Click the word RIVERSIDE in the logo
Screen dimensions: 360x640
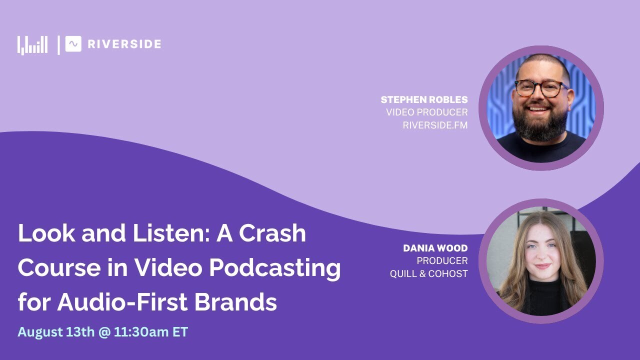pos(124,44)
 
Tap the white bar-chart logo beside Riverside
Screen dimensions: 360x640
pos(32,45)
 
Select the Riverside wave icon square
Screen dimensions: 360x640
pos(73,44)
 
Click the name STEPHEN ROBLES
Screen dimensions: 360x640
pos(424,99)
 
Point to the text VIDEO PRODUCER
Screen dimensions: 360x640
pos(426,112)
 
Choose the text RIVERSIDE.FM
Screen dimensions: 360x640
pos(435,125)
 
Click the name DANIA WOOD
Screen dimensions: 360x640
pos(435,248)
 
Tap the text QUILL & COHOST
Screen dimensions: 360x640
pos(428,273)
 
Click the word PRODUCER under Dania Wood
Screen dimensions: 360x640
pos(442,260)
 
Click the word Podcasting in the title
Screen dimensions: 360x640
pos(274,268)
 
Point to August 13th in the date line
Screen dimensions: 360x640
pos(55,332)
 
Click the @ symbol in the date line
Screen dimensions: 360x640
pos(104,332)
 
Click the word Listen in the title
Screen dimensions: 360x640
pos(172,233)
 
